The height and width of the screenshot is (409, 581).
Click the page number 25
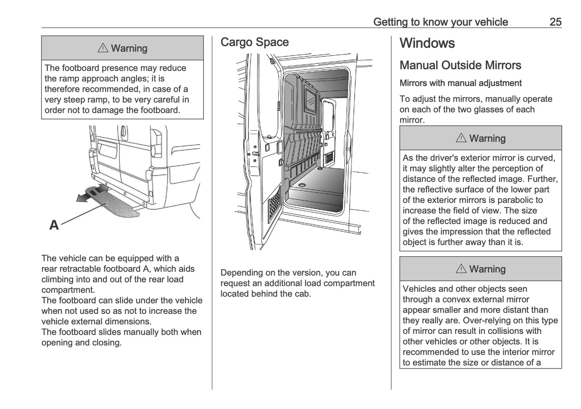(x=555, y=22)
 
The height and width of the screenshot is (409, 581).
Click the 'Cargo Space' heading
(x=255, y=42)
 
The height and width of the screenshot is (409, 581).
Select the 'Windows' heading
(x=427, y=43)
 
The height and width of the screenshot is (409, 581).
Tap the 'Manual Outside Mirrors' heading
(x=460, y=65)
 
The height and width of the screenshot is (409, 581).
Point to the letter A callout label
(x=54, y=225)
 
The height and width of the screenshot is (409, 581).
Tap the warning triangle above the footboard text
(x=103, y=49)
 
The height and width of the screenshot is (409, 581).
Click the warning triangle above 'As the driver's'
(x=461, y=139)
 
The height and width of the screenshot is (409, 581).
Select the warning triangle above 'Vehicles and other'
(x=461, y=269)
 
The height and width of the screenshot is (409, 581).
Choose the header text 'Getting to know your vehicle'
(x=440, y=22)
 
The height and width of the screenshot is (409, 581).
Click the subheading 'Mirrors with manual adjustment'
(x=460, y=83)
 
